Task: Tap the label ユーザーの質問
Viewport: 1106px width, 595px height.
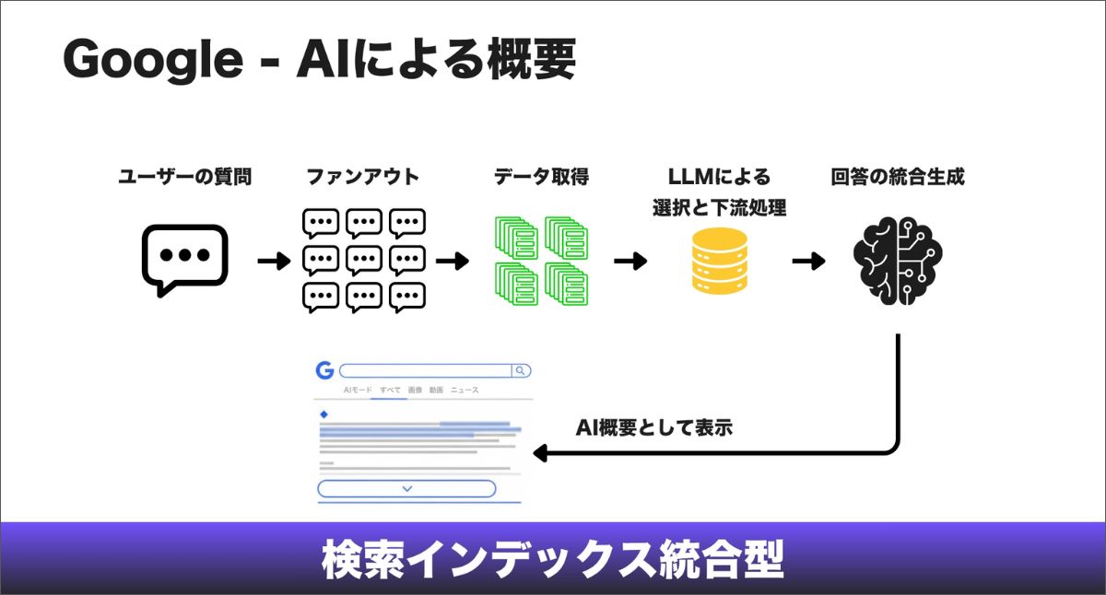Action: pyautogui.click(x=185, y=177)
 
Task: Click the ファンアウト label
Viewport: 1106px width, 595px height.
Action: pyautogui.click(x=362, y=177)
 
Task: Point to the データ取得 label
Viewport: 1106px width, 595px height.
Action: pyautogui.click(x=541, y=177)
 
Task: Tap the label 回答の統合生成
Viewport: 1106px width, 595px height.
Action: pyautogui.click(x=898, y=177)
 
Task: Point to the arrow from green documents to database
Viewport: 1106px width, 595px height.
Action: pyautogui.click(x=630, y=262)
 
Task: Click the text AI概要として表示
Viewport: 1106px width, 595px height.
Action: pyautogui.click(x=654, y=427)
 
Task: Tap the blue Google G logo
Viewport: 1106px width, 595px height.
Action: pyautogui.click(x=324, y=370)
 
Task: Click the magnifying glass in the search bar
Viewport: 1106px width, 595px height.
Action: pyautogui.click(x=521, y=370)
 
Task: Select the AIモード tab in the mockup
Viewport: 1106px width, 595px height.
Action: pyautogui.click(x=358, y=391)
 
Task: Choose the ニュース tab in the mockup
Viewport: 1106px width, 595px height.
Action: pyautogui.click(x=465, y=391)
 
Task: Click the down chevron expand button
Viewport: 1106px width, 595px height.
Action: pyautogui.click(x=406, y=488)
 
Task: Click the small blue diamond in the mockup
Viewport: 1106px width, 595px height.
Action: pyautogui.click(x=324, y=414)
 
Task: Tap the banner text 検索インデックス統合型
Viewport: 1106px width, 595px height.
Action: pyautogui.click(x=553, y=559)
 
